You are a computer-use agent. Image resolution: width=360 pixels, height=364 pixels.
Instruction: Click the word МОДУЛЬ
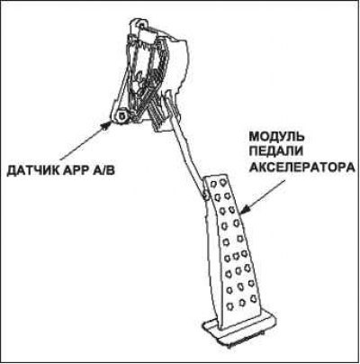pos(277,137)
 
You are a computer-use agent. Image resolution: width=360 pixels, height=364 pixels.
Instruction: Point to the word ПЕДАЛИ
pos(275,151)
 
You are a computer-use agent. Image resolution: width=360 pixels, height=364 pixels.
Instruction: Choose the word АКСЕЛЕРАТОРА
pos(302,167)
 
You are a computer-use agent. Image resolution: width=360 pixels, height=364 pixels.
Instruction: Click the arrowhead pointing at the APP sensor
pos(106,125)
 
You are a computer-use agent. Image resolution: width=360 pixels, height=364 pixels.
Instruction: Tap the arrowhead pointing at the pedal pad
pos(244,210)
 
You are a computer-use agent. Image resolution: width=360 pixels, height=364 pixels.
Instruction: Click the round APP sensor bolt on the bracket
pos(121,115)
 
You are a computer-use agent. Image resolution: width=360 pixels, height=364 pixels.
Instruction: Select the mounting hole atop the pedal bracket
pos(140,23)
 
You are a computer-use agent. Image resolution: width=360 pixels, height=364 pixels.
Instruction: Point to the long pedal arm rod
pos(190,151)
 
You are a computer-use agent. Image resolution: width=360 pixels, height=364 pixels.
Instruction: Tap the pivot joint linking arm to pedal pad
pos(206,196)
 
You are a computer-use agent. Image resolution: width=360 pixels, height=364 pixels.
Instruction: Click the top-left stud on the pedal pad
pos(213,183)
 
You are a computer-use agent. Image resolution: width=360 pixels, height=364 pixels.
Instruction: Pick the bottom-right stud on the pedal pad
pos(253,298)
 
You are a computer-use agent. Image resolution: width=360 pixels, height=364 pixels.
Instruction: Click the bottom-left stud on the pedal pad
pos(230,306)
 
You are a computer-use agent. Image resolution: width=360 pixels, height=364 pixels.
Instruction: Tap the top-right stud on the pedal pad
pos(223,182)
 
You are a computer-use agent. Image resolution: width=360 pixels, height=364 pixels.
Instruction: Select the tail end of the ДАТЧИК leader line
pos(61,159)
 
